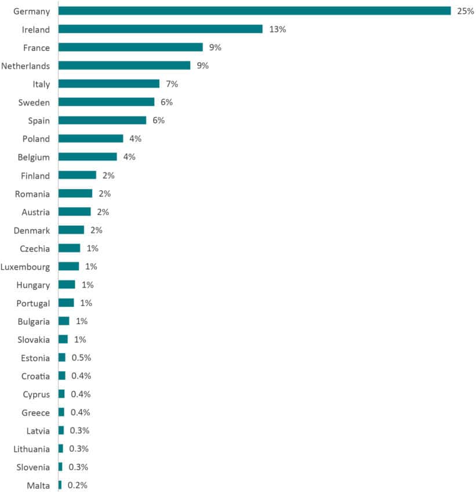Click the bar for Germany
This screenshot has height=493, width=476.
pos(255,11)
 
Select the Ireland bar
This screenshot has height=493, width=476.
pos(161,29)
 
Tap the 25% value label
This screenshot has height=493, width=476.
pos(466,11)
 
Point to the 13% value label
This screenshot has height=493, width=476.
pos(278,29)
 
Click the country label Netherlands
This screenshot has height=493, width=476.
pos(26,66)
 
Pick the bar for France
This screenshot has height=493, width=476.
pos(130,48)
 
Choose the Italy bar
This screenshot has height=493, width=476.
pos(109,84)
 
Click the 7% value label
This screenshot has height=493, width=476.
pos(172,84)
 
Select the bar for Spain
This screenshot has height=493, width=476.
pos(102,120)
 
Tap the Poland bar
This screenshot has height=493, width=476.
pos(91,139)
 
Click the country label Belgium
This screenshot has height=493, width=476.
pos(34,157)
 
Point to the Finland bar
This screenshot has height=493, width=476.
pos(77,175)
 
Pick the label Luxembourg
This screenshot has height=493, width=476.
pos(26,267)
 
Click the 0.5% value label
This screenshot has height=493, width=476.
pos(81,357)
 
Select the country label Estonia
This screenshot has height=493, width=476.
pos(35,358)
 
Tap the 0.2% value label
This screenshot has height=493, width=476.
pos(78,485)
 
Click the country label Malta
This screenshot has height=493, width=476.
pos(38,485)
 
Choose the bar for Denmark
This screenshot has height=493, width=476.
pos(71,230)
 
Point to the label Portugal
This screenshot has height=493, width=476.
pos(34,303)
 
